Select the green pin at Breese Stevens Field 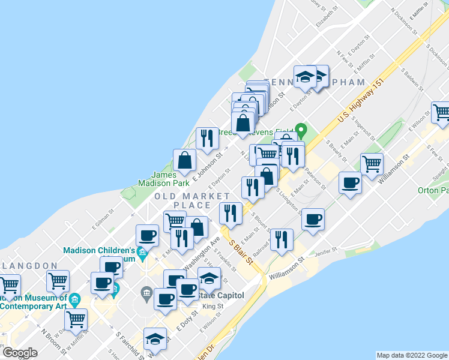(x=301, y=130)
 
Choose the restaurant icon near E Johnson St (x=207, y=138)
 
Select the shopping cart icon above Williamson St (x=372, y=163)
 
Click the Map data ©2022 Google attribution (x=412, y=355)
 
